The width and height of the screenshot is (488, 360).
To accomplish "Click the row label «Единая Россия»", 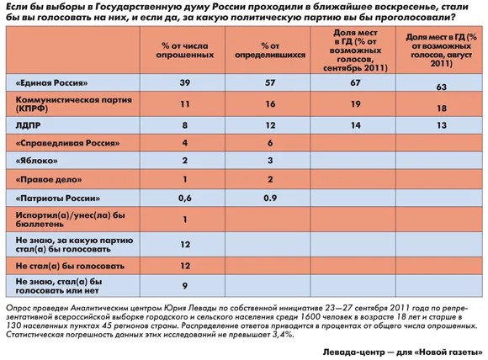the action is click(53, 83).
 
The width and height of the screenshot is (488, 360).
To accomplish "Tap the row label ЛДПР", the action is click(29, 124).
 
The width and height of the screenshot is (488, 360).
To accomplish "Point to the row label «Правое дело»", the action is click(48, 179).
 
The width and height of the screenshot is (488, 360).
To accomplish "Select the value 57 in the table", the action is click(269, 83).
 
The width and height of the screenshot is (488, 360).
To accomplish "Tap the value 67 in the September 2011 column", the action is click(355, 83).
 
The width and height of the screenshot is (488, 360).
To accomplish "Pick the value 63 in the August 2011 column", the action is click(441, 86).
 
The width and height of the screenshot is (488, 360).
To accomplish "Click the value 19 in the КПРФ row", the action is click(355, 103).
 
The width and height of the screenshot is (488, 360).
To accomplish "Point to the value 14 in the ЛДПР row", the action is click(355, 124).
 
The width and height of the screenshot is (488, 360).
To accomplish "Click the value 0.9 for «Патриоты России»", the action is click(269, 199).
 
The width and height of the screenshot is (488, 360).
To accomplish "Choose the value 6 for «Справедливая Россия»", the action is click(269, 143).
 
